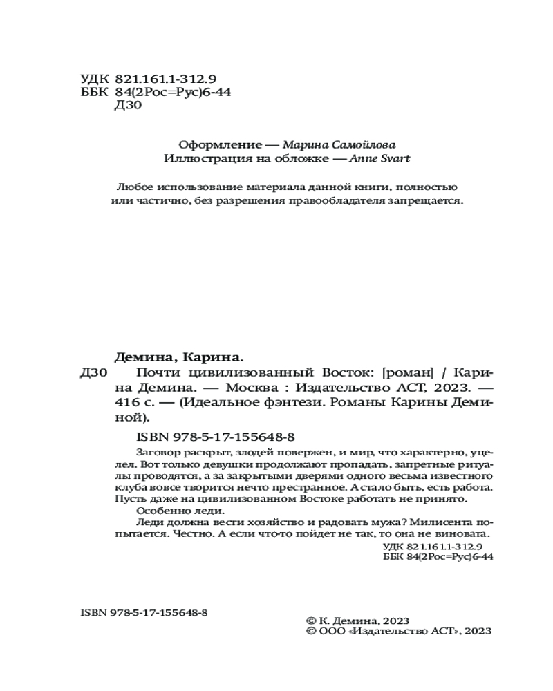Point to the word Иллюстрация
click(199, 159)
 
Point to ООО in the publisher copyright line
click(333, 631)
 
